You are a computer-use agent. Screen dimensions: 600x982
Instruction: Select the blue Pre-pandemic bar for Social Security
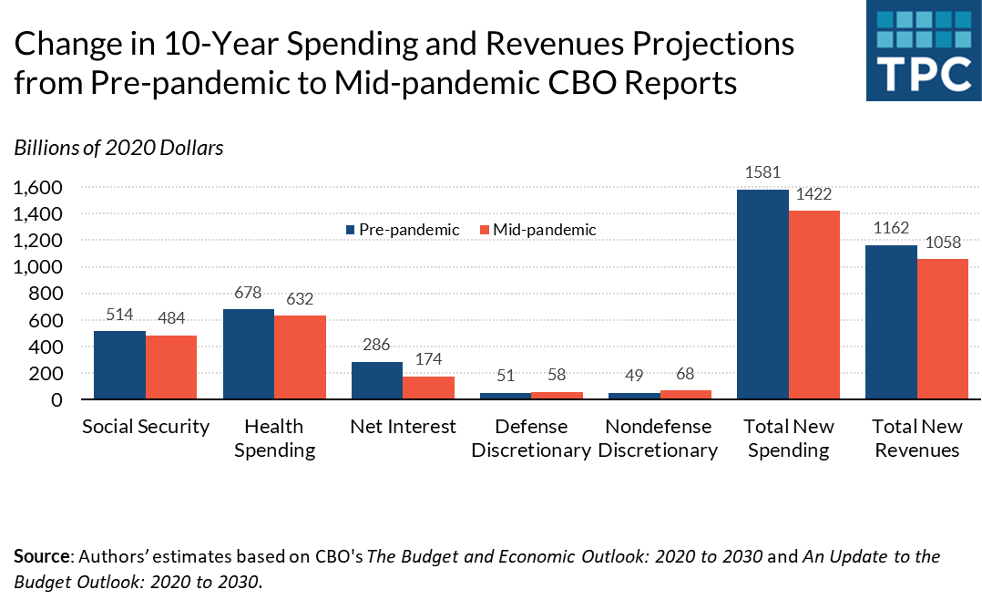[119, 365]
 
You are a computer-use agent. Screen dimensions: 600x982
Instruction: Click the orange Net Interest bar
[428, 388]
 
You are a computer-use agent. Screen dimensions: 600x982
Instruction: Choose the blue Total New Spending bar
[762, 295]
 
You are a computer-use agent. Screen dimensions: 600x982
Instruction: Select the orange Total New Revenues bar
[942, 329]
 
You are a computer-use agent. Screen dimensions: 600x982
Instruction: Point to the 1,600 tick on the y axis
[38, 188]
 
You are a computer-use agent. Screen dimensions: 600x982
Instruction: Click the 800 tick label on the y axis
[46, 295]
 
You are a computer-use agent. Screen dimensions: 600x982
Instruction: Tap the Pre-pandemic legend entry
[402, 230]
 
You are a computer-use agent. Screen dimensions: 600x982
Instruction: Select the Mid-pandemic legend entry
[537, 230]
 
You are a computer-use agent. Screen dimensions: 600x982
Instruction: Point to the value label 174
[428, 359]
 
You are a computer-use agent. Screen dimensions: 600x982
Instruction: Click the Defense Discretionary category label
[531, 439]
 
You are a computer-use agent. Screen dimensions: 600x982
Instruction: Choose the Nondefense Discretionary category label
[659, 439]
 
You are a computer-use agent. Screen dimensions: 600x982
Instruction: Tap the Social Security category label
[146, 427]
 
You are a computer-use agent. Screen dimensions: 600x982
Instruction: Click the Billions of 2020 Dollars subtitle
[118, 148]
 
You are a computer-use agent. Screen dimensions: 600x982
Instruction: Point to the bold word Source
[39, 555]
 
